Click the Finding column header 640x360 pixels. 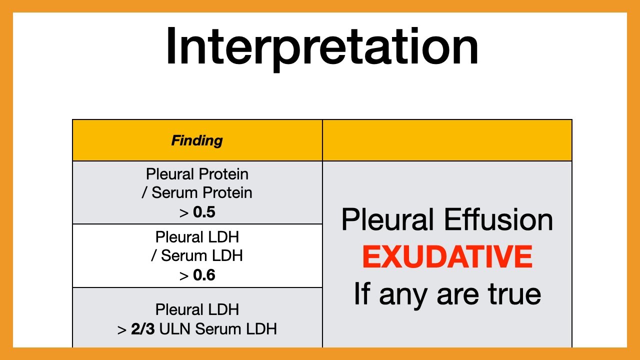197,140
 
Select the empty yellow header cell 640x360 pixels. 447,140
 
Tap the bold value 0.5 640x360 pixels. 204,212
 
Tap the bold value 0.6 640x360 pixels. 204,275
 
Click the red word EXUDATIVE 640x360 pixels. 447,257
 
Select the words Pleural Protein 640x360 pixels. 197,174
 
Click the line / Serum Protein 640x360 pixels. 197,193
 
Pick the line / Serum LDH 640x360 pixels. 197,256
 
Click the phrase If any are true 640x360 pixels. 447,294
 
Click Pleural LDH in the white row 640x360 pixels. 197,237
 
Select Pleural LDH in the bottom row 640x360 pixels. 197,310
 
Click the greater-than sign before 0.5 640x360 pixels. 183,213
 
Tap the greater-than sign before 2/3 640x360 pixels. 122,330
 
